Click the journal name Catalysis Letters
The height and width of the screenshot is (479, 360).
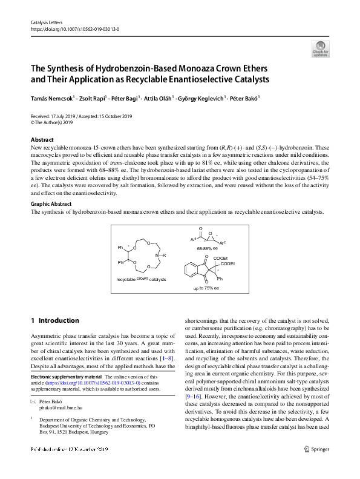(45, 22)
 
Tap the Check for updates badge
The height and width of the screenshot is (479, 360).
(320, 48)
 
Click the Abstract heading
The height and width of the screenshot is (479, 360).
(42, 140)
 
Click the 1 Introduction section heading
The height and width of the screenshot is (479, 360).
(54, 320)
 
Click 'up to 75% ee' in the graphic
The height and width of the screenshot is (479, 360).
(206, 288)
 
